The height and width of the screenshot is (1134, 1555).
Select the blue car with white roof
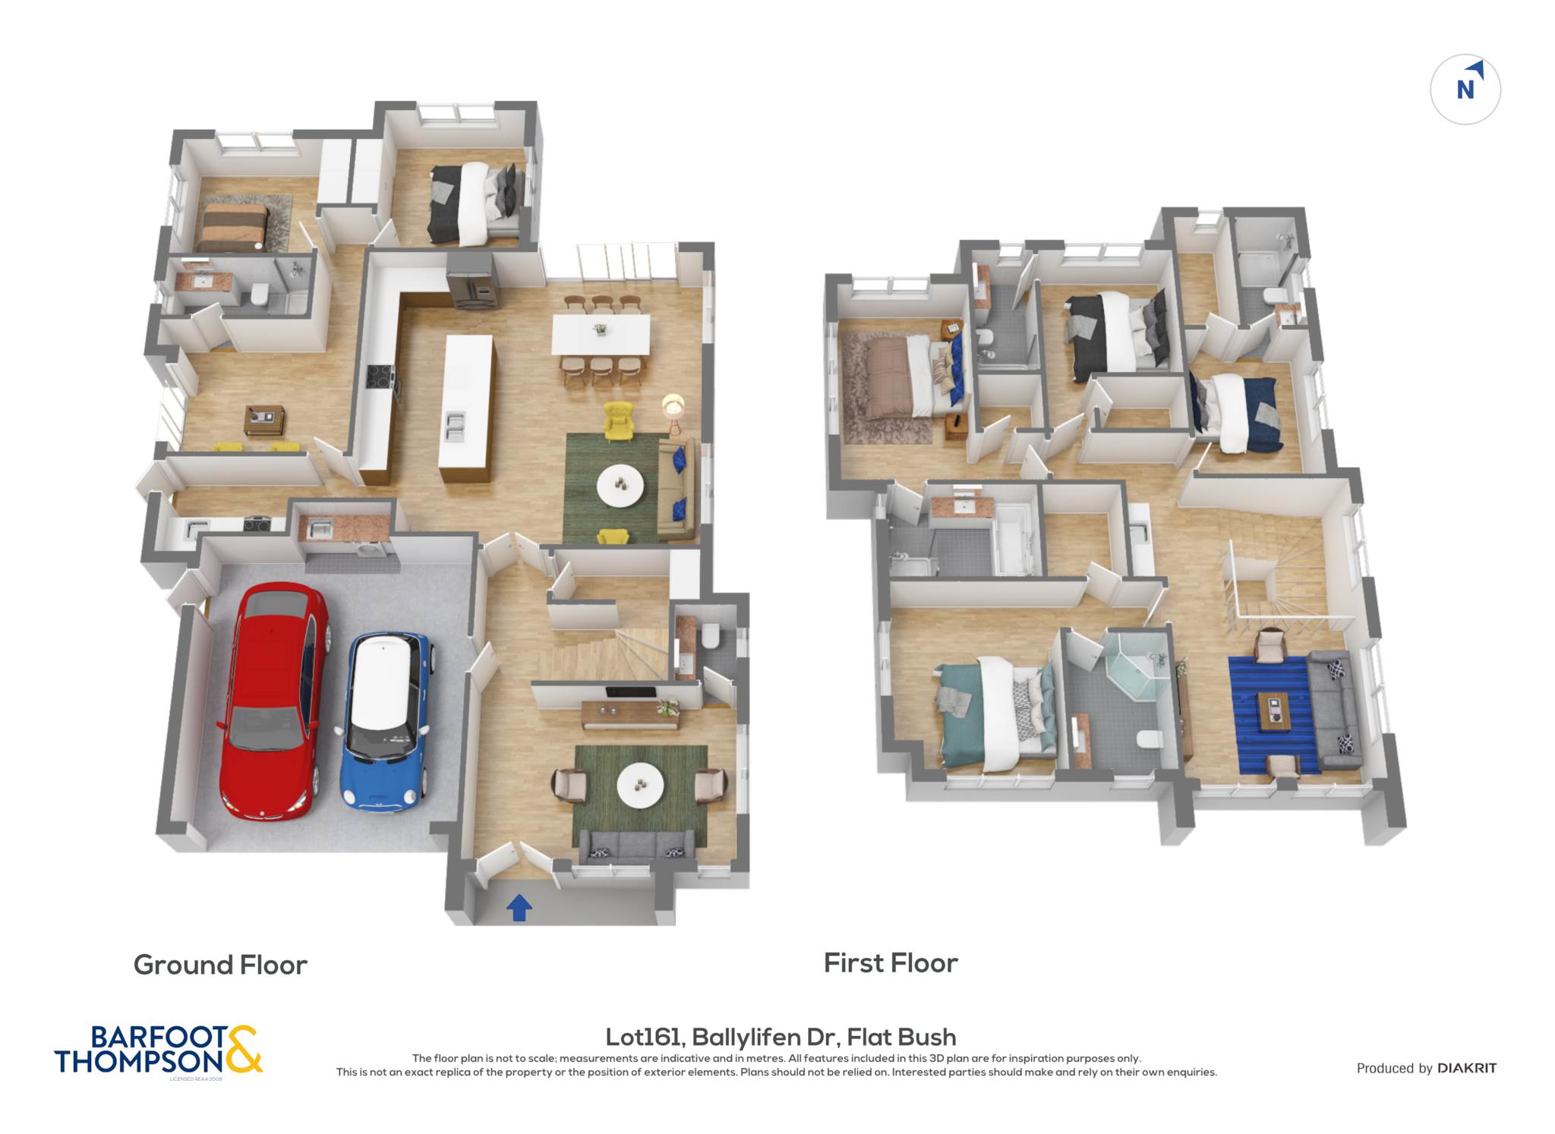point(386,721)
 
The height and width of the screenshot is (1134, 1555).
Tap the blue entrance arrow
point(519,907)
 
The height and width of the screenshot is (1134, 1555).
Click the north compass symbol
point(1465,90)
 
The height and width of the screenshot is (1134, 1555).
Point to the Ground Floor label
point(220,965)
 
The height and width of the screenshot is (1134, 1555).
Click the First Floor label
point(891,963)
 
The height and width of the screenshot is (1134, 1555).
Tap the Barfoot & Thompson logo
point(158,1051)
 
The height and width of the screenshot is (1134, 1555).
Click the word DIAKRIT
point(1467,1068)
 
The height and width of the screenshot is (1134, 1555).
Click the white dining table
point(601,334)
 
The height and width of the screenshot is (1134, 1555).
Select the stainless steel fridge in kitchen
point(471,281)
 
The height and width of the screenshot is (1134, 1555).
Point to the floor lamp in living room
point(673,413)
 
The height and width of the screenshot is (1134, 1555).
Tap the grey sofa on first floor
point(1334,709)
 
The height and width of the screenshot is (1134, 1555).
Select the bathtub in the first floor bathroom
point(1014,539)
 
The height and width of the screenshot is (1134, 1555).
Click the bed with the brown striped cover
point(232,226)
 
